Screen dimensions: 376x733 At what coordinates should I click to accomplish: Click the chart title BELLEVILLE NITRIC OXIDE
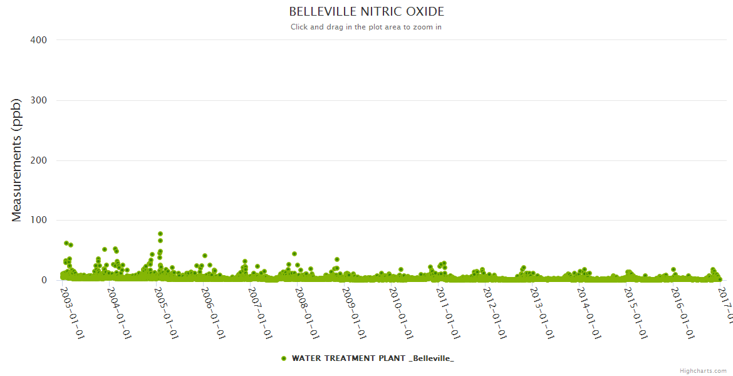point(366,12)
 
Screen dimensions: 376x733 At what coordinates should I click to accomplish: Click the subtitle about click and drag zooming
point(366,27)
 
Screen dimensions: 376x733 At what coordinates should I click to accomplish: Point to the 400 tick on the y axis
point(39,40)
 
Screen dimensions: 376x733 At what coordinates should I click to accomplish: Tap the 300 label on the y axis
point(39,100)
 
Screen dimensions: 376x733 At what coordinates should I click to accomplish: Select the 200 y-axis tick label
point(39,160)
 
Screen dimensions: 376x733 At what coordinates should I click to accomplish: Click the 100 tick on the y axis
point(39,221)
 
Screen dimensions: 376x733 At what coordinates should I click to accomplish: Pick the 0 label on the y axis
point(44,280)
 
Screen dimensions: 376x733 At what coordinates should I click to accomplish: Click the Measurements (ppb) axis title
point(17,160)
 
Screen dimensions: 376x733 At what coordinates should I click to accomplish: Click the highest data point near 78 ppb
point(160,234)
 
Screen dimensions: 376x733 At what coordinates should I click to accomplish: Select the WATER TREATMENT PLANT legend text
point(373,358)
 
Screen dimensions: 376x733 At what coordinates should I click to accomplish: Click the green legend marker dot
point(284,358)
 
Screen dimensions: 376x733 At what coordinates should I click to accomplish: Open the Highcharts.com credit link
point(703,370)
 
